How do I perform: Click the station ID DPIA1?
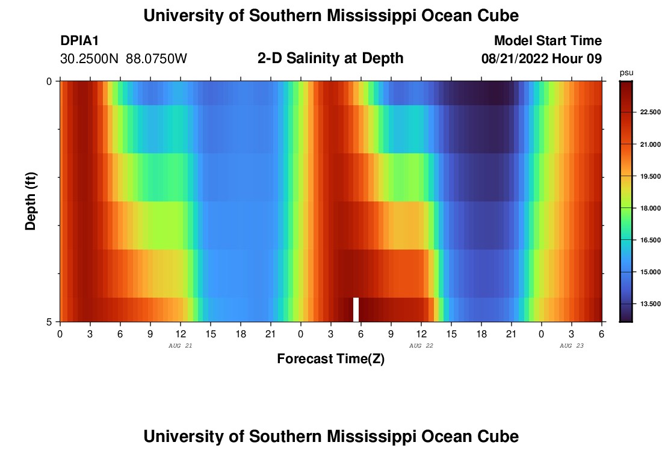click(79, 41)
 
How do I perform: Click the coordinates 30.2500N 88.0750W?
click(123, 59)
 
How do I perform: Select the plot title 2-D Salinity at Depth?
click(330, 58)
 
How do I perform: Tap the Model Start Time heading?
click(548, 41)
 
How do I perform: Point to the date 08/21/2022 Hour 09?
click(542, 59)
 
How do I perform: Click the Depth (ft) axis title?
click(31, 201)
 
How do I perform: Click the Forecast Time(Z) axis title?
click(330, 359)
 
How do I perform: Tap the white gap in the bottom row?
click(356, 309)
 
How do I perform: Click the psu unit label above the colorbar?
click(626, 73)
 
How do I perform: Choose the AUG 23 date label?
click(572, 346)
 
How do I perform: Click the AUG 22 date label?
click(421, 346)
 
